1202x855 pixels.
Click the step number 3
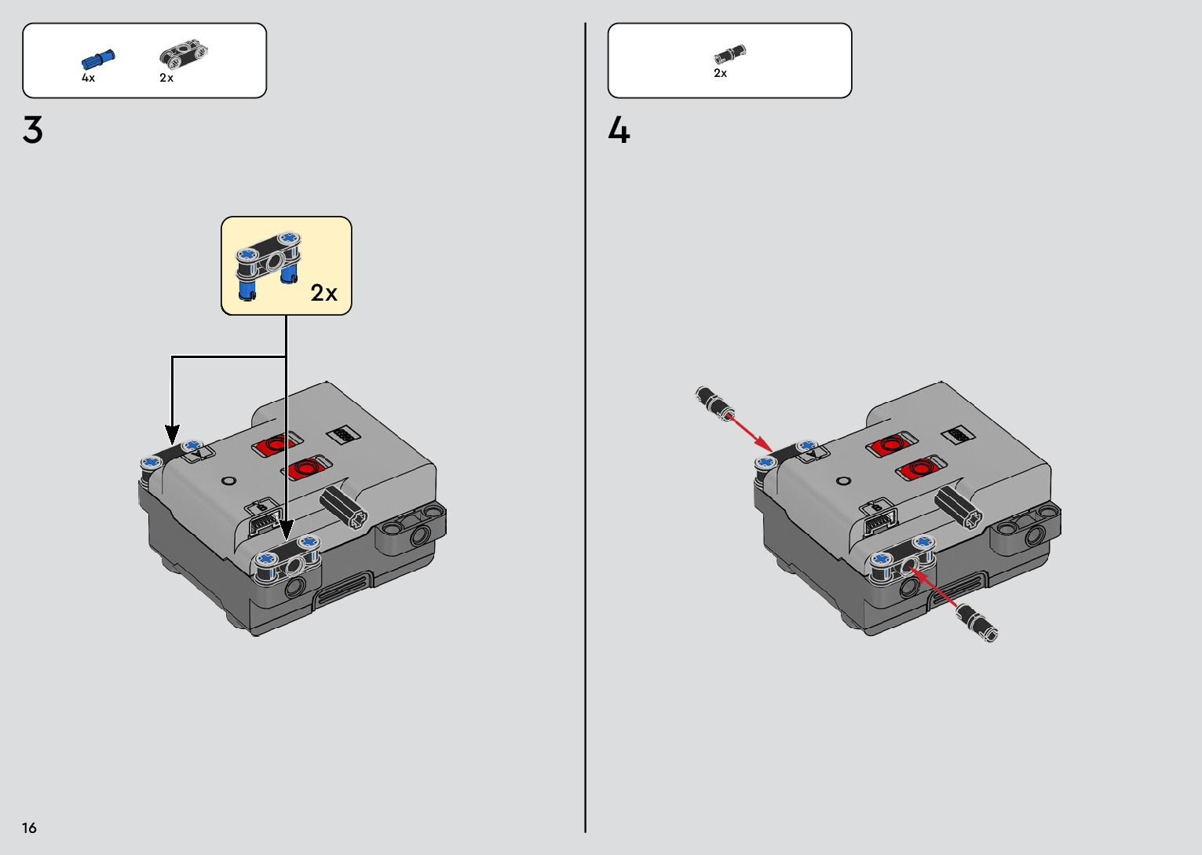tap(33, 130)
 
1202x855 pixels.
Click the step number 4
tap(619, 130)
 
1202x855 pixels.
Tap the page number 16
tap(30, 828)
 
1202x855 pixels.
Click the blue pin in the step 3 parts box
tap(98, 60)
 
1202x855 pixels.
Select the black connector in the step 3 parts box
tap(184, 54)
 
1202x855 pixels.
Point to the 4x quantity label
tap(88, 78)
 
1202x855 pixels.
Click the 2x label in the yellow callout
tap(324, 293)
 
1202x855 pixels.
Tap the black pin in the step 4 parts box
tap(730, 53)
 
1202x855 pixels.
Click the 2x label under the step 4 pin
tap(721, 73)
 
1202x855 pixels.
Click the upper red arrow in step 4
tap(751, 433)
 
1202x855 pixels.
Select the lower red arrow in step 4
tap(933, 588)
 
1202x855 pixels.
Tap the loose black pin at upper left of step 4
tap(714, 403)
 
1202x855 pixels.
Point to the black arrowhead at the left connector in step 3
tap(172, 434)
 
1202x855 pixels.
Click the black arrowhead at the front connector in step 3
tap(286, 530)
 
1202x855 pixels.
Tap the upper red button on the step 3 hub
tap(275, 445)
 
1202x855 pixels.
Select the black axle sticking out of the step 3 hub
tap(344, 506)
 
